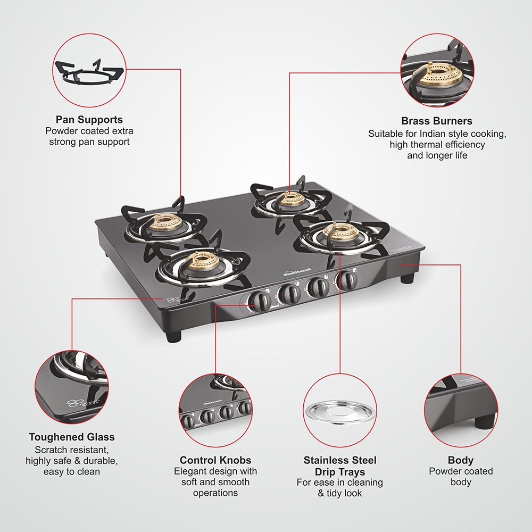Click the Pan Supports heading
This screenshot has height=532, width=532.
[x=89, y=120]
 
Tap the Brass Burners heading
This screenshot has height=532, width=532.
[x=437, y=121]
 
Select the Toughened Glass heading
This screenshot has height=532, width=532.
[x=72, y=437]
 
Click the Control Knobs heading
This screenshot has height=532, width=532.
[x=215, y=460]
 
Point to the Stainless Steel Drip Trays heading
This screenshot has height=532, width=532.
[x=340, y=466]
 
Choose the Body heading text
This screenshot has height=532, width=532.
[x=461, y=460]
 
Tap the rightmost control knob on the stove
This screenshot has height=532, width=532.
[x=348, y=279]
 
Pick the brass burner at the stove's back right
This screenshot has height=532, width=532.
[x=291, y=199]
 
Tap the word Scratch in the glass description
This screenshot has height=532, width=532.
[x=41, y=450]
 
